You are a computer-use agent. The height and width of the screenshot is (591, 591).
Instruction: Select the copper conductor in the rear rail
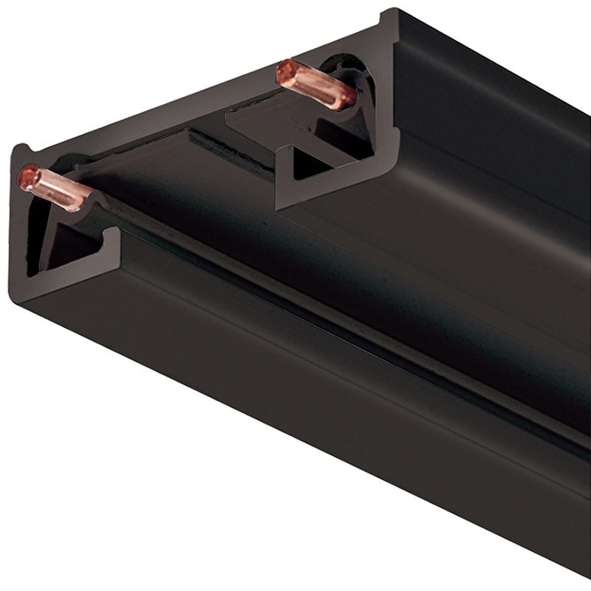(x=314, y=83)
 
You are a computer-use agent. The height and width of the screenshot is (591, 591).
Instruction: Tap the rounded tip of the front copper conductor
(x=28, y=176)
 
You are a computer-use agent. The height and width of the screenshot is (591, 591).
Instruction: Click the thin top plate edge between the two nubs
(x=207, y=89)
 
